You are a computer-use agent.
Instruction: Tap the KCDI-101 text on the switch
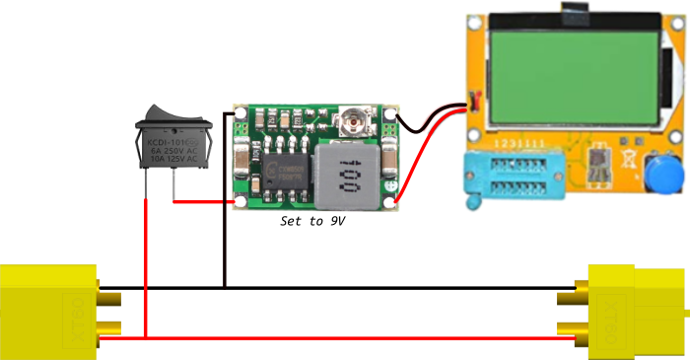[x=173, y=142]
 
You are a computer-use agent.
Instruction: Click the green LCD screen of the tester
[x=573, y=71]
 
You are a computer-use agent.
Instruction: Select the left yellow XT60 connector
[x=50, y=307]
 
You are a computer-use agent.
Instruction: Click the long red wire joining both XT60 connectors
[x=345, y=339]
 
